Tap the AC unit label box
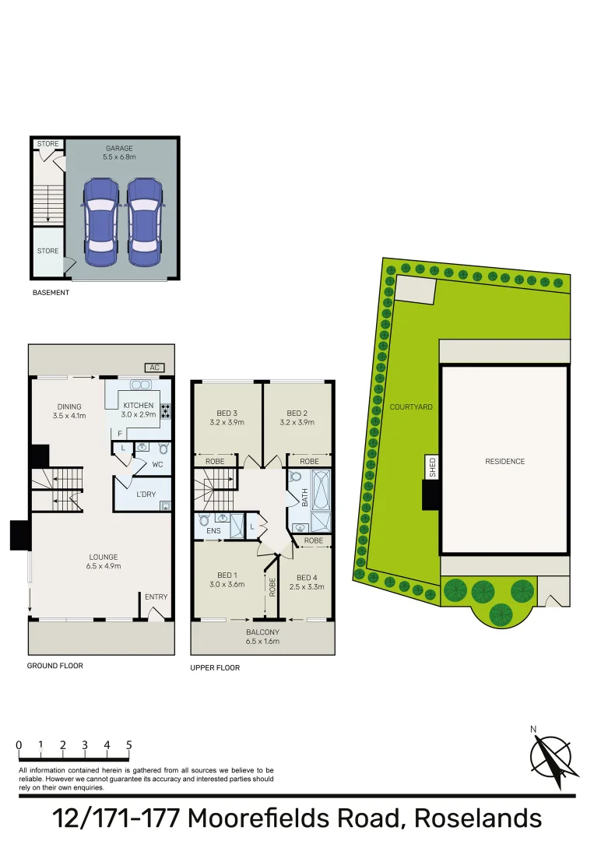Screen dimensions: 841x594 (x=154, y=368)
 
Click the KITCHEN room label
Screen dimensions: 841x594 (x=138, y=405)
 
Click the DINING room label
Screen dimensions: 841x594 (x=69, y=406)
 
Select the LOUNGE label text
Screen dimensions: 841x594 (x=104, y=557)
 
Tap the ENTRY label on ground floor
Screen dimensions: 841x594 (x=156, y=597)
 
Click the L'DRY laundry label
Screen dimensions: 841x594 (x=146, y=495)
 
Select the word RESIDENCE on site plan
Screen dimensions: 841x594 (x=504, y=461)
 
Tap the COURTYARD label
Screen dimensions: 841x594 (x=411, y=407)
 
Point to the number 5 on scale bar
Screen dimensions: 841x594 (x=128, y=744)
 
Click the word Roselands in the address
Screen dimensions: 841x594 (x=477, y=818)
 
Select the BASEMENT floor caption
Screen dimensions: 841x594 (x=51, y=293)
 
